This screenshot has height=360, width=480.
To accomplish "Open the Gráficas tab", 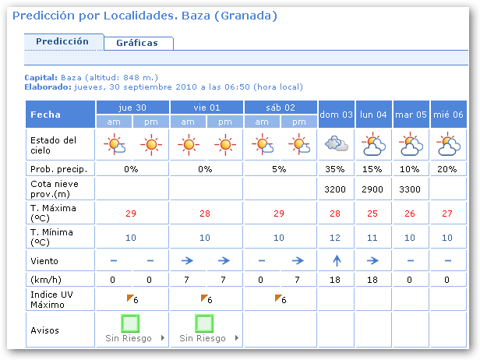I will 136,43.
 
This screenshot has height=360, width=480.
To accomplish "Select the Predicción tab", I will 62,41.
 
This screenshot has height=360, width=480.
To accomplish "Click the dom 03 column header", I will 337,115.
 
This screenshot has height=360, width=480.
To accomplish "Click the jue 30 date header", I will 132,108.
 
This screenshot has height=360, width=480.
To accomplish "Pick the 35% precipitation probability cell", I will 337,169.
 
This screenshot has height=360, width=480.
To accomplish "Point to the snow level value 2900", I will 373,189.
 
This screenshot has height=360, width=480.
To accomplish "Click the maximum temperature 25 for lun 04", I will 373,214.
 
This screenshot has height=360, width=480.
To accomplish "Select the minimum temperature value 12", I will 337,238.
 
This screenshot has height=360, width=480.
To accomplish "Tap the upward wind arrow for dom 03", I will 337,260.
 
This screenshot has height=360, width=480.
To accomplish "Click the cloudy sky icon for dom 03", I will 337,144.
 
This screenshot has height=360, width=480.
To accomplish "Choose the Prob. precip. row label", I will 58,169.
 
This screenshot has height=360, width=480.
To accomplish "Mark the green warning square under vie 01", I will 205,323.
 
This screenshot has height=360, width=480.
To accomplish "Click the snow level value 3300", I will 410,189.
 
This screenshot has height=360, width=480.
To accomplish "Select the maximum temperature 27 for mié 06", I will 446,214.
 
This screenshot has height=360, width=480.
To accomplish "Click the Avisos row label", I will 44,330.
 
